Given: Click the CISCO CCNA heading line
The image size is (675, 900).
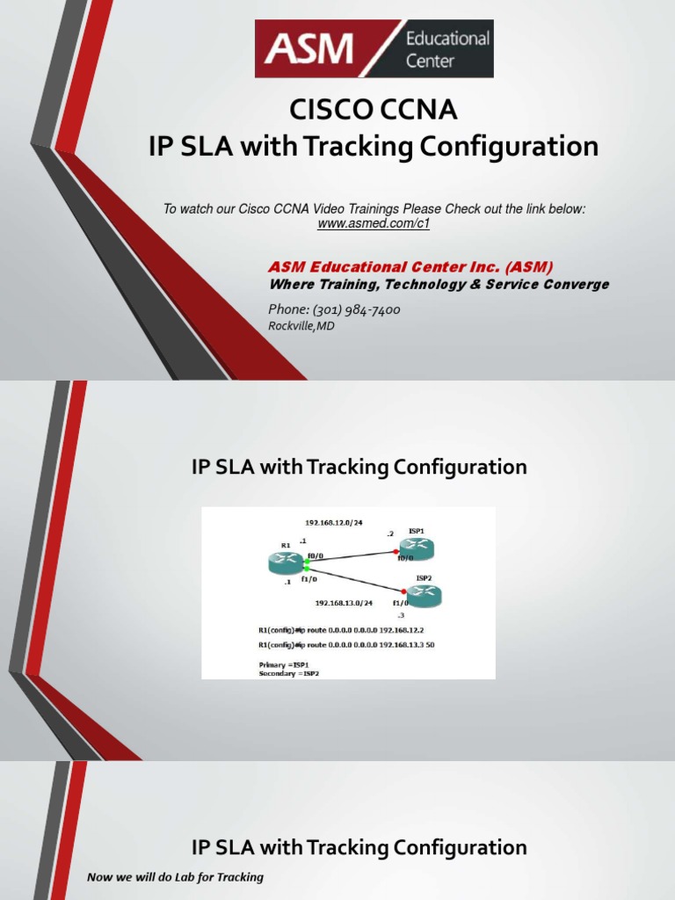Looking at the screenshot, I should click(374, 112).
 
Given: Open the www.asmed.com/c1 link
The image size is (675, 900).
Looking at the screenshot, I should click(374, 224).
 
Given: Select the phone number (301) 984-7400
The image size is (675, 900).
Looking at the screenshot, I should click(334, 309).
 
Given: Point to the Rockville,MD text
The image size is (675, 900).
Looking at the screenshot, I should click(301, 326).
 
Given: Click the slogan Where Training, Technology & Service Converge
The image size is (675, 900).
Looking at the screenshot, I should click(438, 285).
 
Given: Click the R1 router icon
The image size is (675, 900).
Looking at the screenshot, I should click(286, 562).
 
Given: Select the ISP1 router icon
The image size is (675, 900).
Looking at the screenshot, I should click(415, 548).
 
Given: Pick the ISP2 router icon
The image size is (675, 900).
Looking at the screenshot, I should click(423, 597).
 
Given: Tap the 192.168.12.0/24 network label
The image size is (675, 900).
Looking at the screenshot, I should click(334, 522).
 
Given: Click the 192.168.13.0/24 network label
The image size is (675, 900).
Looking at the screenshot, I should click(344, 603).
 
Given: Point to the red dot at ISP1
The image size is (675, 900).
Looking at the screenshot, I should click(396, 552).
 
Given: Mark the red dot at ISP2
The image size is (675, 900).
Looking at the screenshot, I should click(403, 592).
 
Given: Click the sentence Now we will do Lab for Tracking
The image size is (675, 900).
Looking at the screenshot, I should click(175, 877).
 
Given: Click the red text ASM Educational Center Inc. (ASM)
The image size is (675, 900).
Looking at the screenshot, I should click(410, 267).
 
